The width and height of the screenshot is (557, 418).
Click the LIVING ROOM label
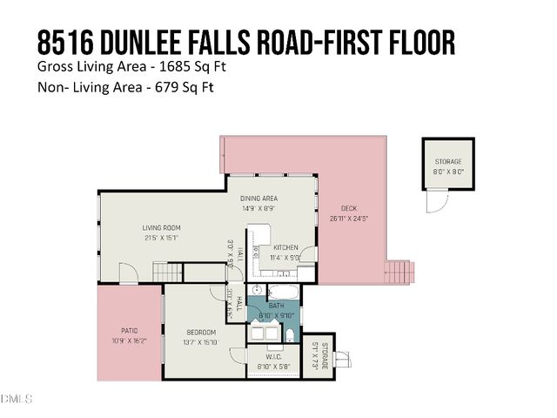(162, 227)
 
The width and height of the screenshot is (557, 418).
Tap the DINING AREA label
(258, 199)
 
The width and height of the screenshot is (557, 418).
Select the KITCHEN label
(286, 247)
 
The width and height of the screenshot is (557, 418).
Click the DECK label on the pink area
(349, 208)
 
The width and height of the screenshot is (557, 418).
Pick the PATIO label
(128, 330)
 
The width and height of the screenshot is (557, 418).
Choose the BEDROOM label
(200, 332)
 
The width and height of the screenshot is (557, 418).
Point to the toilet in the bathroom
(290, 334)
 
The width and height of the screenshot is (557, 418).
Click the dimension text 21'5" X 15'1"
(162, 237)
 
